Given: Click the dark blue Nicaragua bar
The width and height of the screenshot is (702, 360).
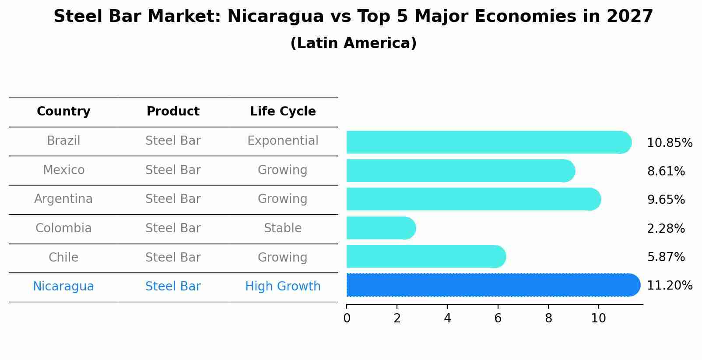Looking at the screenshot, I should [x=492, y=285].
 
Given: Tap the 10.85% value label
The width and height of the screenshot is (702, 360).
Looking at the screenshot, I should [x=669, y=143].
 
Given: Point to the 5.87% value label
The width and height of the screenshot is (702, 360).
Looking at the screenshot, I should [x=666, y=257].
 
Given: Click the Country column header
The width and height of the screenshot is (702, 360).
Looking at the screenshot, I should [x=63, y=112].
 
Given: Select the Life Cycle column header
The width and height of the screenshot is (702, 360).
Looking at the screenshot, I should [x=283, y=112].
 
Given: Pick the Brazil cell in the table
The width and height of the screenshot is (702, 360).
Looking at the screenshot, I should [x=63, y=141].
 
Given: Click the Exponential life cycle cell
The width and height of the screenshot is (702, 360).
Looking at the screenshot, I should [x=283, y=141].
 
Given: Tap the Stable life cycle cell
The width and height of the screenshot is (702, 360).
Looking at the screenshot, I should [x=283, y=228].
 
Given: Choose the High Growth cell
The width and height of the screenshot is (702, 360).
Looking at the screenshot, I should [x=283, y=287].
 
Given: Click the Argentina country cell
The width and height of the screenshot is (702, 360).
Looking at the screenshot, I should [x=63, y=199].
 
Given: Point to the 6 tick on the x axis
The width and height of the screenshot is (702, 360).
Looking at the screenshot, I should [x=498, y=318].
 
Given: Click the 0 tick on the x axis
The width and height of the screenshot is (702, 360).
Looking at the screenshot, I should [x=347, y=318].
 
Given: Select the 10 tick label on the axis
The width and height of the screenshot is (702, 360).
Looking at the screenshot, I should [x=598, y=318].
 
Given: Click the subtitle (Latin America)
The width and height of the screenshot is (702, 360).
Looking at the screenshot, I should [x=353, y=43].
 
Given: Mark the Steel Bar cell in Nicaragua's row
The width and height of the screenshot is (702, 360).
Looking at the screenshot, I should [x=173, y=287].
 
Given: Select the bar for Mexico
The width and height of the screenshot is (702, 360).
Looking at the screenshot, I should [x=460, y=171].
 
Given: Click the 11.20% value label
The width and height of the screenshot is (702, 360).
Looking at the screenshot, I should [x=669, y=286].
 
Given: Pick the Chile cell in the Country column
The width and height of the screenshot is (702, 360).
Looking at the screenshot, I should [x=63, y=257].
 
